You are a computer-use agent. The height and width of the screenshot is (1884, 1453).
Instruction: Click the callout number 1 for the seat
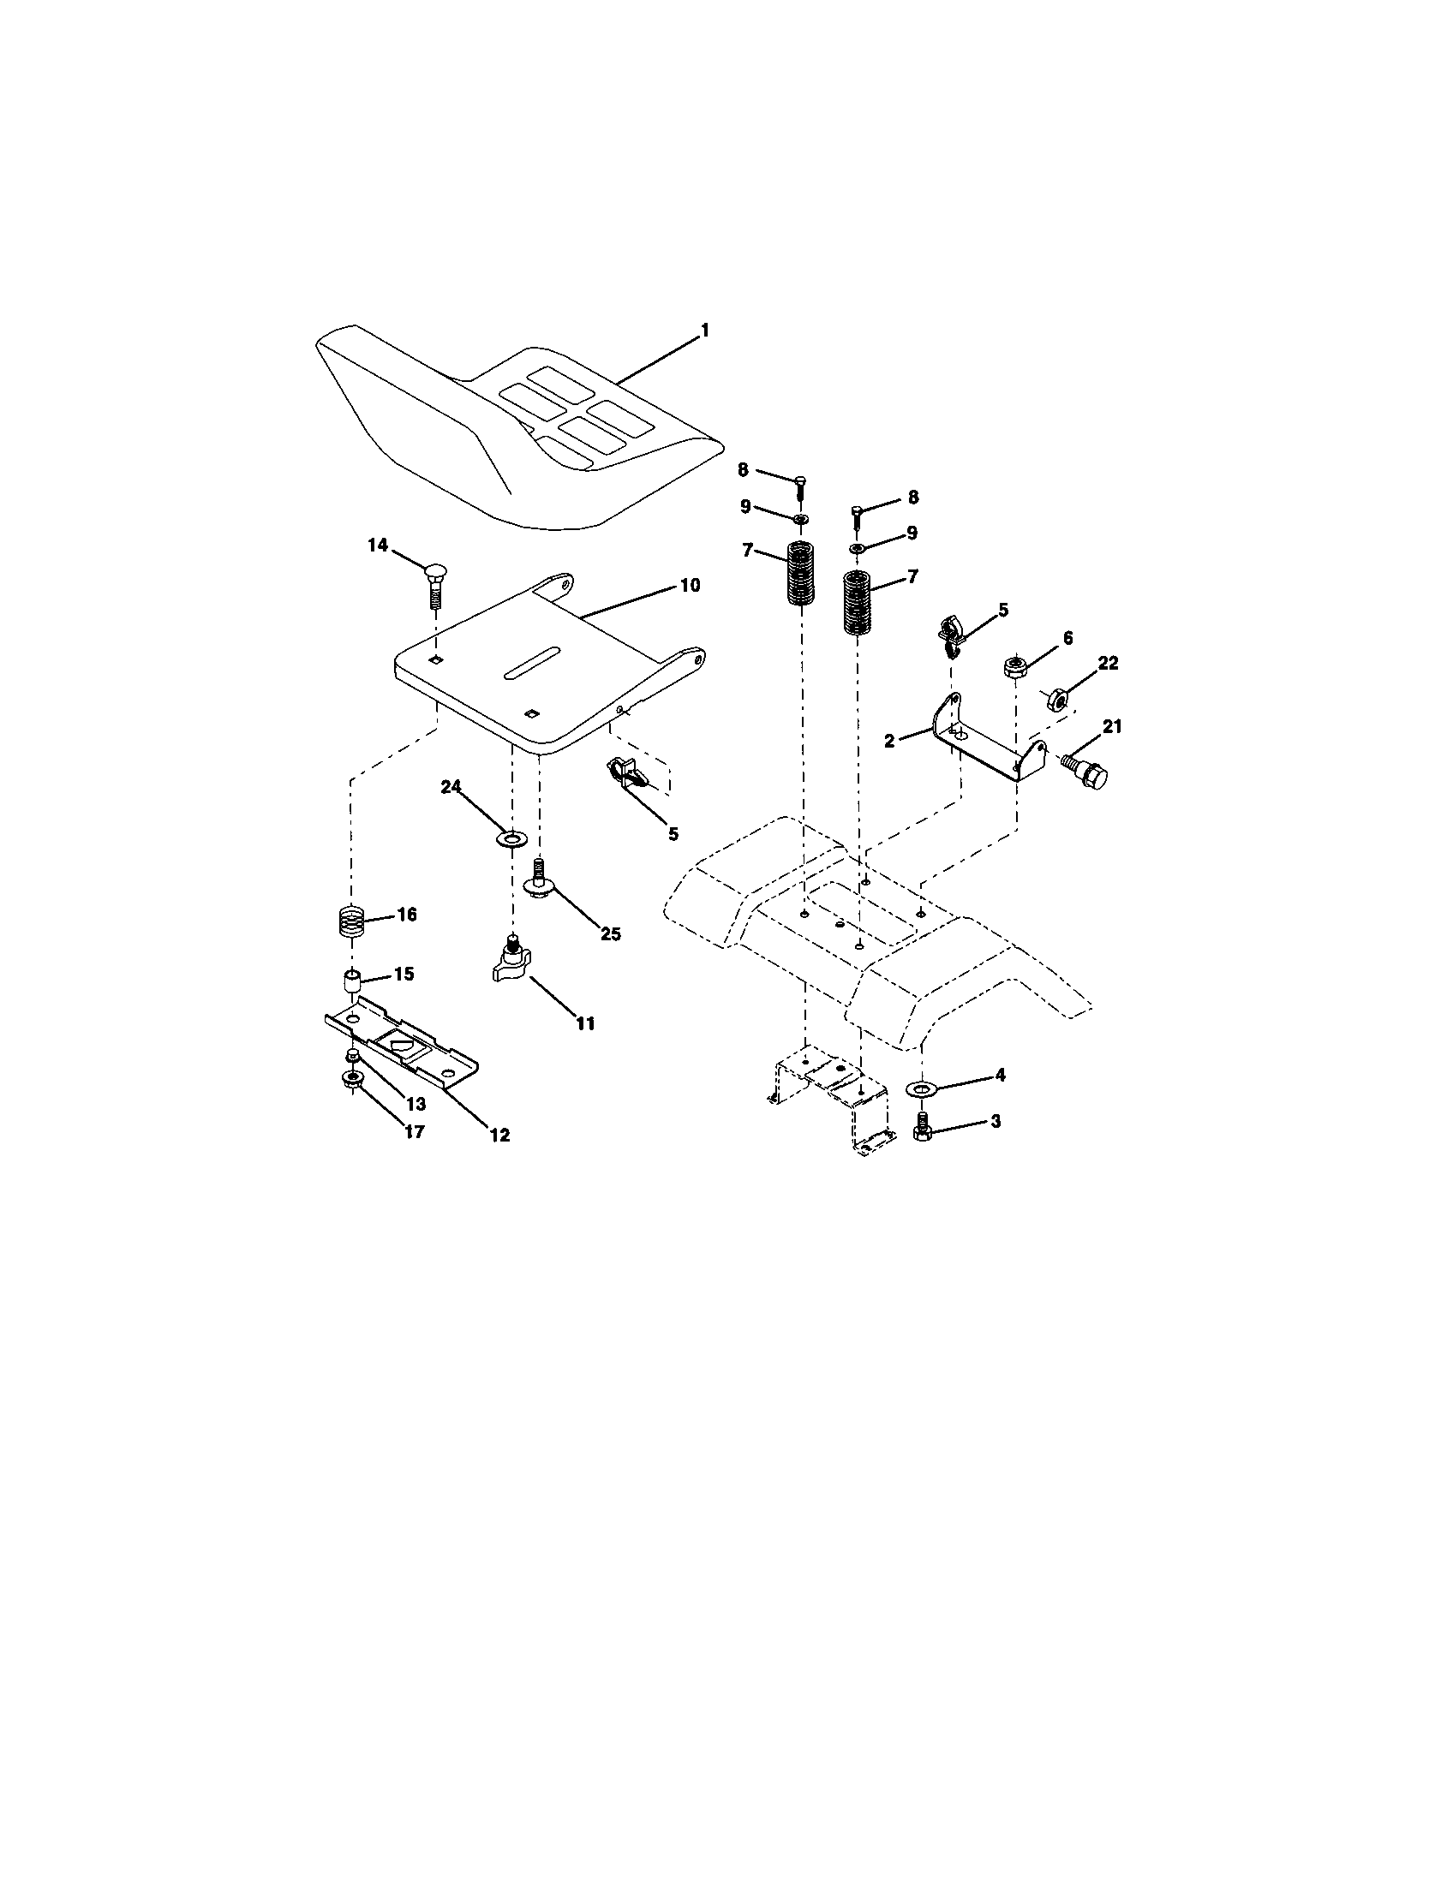pos(704,330)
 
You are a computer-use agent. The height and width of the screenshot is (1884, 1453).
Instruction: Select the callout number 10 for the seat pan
pos(690,586)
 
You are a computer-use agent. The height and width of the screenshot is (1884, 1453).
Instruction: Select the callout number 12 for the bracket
pos(499,1136)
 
